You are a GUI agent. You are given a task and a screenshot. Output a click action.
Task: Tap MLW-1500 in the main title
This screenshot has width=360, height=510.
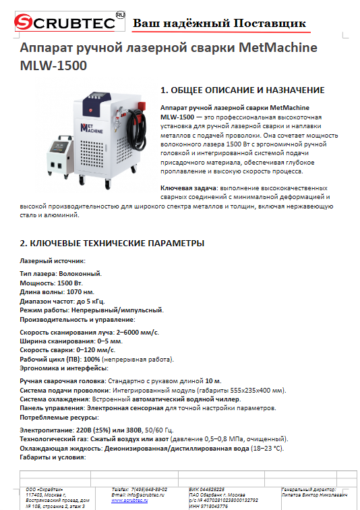(x=54, y=67)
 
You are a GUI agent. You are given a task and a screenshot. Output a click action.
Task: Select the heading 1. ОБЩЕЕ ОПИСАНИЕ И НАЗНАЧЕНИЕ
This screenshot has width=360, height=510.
(x=243, y=90)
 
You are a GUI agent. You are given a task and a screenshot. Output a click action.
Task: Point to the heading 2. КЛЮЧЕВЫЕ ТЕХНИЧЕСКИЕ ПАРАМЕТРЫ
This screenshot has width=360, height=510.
(x=112, y=243)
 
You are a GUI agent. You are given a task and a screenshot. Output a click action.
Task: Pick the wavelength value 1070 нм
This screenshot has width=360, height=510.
(x=80, y=291)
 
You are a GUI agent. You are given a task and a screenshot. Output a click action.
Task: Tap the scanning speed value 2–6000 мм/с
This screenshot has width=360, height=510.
(x=136, y=332)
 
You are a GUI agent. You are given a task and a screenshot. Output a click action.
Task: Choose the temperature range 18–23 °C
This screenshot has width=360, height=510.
(x=266, y=448)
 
